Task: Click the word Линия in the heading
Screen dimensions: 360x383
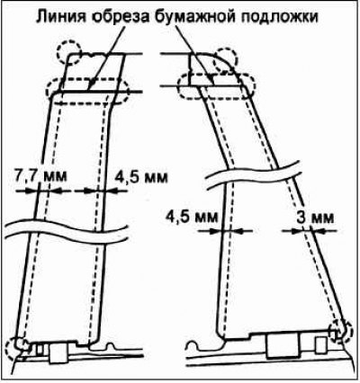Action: tap(61, 17)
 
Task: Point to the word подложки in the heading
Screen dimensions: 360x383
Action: tap(280, 18)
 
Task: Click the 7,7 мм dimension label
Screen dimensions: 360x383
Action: tap(40, 176)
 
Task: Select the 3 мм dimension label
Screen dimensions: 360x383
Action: tap(315, 218)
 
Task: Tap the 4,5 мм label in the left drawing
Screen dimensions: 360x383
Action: tap(141, 177)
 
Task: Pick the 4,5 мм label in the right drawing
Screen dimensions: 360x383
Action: tap(192, 217)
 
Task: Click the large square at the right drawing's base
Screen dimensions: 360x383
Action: tap(283, 344)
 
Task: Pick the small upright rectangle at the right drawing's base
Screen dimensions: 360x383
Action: tap(321, 345)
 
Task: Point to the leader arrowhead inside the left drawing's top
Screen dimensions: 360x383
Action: tap(91, 85)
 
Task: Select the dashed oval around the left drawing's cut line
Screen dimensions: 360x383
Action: tap(87, 78)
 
